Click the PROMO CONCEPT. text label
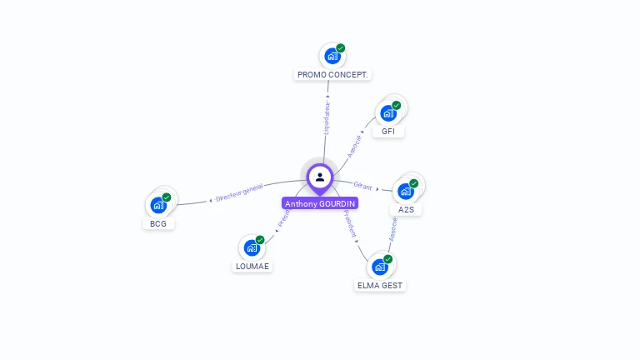pos(332,75)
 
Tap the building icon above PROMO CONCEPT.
pos(332,57)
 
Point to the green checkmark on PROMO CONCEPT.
pos(341,48)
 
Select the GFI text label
pos(388,132)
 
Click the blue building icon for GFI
pos(387,113)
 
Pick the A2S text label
pos(406,209)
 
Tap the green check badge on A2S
pos(414,183)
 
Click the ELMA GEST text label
pos(380,285)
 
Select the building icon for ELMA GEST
pos(379,267)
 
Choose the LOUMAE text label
pos(252,267)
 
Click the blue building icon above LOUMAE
pos(252,248)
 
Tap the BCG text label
pos(158,223)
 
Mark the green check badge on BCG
pos(167,197)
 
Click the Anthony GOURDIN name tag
pos(320,203)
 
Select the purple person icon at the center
pos(320,177)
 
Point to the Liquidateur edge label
pos(327,118)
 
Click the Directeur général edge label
pos(239,194)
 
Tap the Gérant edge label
pos(362,186)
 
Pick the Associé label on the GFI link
pos(355,146)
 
